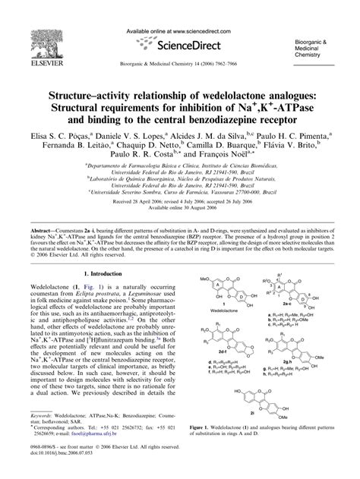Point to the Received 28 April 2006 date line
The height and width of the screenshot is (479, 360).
pos(179,203)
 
